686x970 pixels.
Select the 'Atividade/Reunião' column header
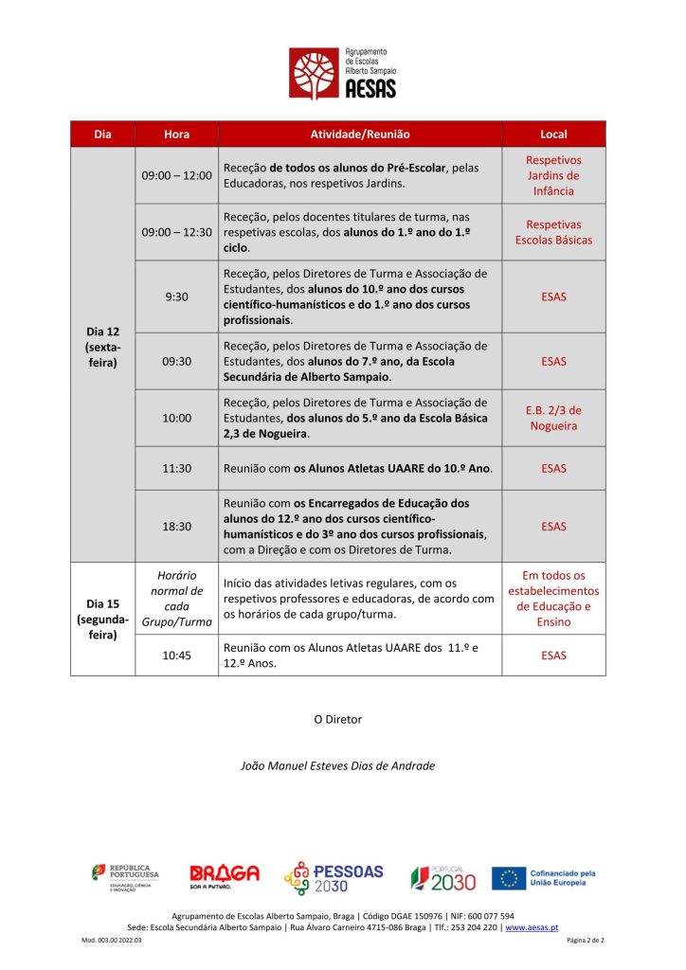pyautogui.click(x=360, y=135)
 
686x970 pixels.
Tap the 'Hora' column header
pyautogui.click(x=176, y=135)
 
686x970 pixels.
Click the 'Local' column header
pyautogui.click(x=553, y=135)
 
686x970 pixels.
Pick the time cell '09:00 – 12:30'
pyautogui.click(x=176, y=231)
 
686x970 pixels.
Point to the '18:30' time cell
pyautogui.click(x=176, y=526)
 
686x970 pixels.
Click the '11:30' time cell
pyautogui.click(x=176, y=468)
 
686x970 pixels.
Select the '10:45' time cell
pyautogui.click(x=176, y=655)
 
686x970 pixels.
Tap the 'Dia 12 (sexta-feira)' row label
pyautogui.click(x=102, y=348)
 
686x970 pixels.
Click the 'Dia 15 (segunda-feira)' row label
pyautogui.click(x=102, y=619)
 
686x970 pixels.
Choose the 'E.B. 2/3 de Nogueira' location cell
pyautogui.click(x=553, y=418)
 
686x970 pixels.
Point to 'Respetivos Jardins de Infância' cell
pyautogui.click(x=553, y=175)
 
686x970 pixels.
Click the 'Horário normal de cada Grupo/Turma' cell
pyautogui.click(x=176, y=598)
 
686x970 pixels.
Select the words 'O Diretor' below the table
pyautogui.click(x=337, y=719)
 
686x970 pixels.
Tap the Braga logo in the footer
pyautogui.click(x=224, y=875)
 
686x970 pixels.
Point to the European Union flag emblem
pyautogui.click(x=510, y=878)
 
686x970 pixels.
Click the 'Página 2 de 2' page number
pyautogui.click(x=585, y=940)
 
